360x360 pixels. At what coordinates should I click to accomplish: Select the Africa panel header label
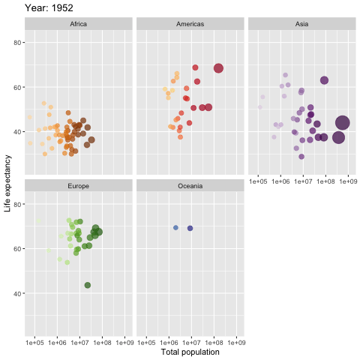[78, 24]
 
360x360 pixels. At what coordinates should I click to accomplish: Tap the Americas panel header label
[190, 24]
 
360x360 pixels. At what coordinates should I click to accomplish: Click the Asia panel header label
[301, 24]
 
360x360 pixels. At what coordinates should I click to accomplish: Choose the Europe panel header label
[78, 185]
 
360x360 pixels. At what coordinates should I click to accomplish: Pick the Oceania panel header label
[190, 185]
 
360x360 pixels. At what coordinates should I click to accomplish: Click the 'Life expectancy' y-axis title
[7, 184]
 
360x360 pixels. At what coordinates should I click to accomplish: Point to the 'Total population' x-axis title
[190, 352]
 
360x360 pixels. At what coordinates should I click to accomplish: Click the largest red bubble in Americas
[218, 68]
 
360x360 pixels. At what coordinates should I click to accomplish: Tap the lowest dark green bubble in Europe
[88, 285]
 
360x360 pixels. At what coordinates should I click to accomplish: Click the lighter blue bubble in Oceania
[175, 227]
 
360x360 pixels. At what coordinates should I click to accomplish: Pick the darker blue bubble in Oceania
[190, 228]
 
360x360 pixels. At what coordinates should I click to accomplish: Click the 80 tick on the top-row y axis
[16, 43]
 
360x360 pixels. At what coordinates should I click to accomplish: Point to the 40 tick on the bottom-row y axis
[16, 293]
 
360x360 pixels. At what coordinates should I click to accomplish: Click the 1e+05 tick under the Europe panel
[34, 343]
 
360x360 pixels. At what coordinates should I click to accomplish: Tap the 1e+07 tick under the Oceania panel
[191, 343]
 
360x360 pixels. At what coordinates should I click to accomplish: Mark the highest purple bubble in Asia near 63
[324, 80]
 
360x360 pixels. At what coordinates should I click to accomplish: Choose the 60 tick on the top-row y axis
[16, 87]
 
